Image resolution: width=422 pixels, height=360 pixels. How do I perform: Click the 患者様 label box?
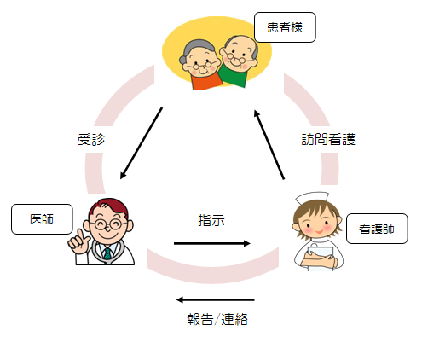(285, 27)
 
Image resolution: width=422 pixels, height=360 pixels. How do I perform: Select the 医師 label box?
(42, 219)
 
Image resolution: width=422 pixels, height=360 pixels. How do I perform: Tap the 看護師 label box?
(377, 229)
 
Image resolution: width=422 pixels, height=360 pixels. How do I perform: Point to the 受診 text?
(91, 140)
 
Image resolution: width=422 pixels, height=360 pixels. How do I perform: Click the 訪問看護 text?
(328, 140)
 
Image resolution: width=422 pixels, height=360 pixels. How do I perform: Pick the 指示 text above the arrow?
(211, 220)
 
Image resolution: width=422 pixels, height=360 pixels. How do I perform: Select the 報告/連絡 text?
(217, 319)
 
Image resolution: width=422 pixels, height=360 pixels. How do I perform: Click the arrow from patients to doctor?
(141, 143)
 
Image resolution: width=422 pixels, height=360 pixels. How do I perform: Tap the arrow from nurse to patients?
(269, 145)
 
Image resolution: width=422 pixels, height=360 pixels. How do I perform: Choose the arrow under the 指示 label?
(212, 243)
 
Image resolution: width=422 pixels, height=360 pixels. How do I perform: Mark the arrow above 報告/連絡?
(215, 299)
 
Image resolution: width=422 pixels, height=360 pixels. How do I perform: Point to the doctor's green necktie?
(107, 253)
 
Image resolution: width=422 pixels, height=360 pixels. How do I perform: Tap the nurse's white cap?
(312, 197)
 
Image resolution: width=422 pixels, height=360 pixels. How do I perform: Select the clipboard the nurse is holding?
(320, 258)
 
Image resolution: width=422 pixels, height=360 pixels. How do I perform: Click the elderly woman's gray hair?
(196, 49)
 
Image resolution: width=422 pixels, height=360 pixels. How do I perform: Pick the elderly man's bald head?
(240, 43)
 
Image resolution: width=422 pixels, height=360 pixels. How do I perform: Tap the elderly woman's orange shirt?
(206, 81)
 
